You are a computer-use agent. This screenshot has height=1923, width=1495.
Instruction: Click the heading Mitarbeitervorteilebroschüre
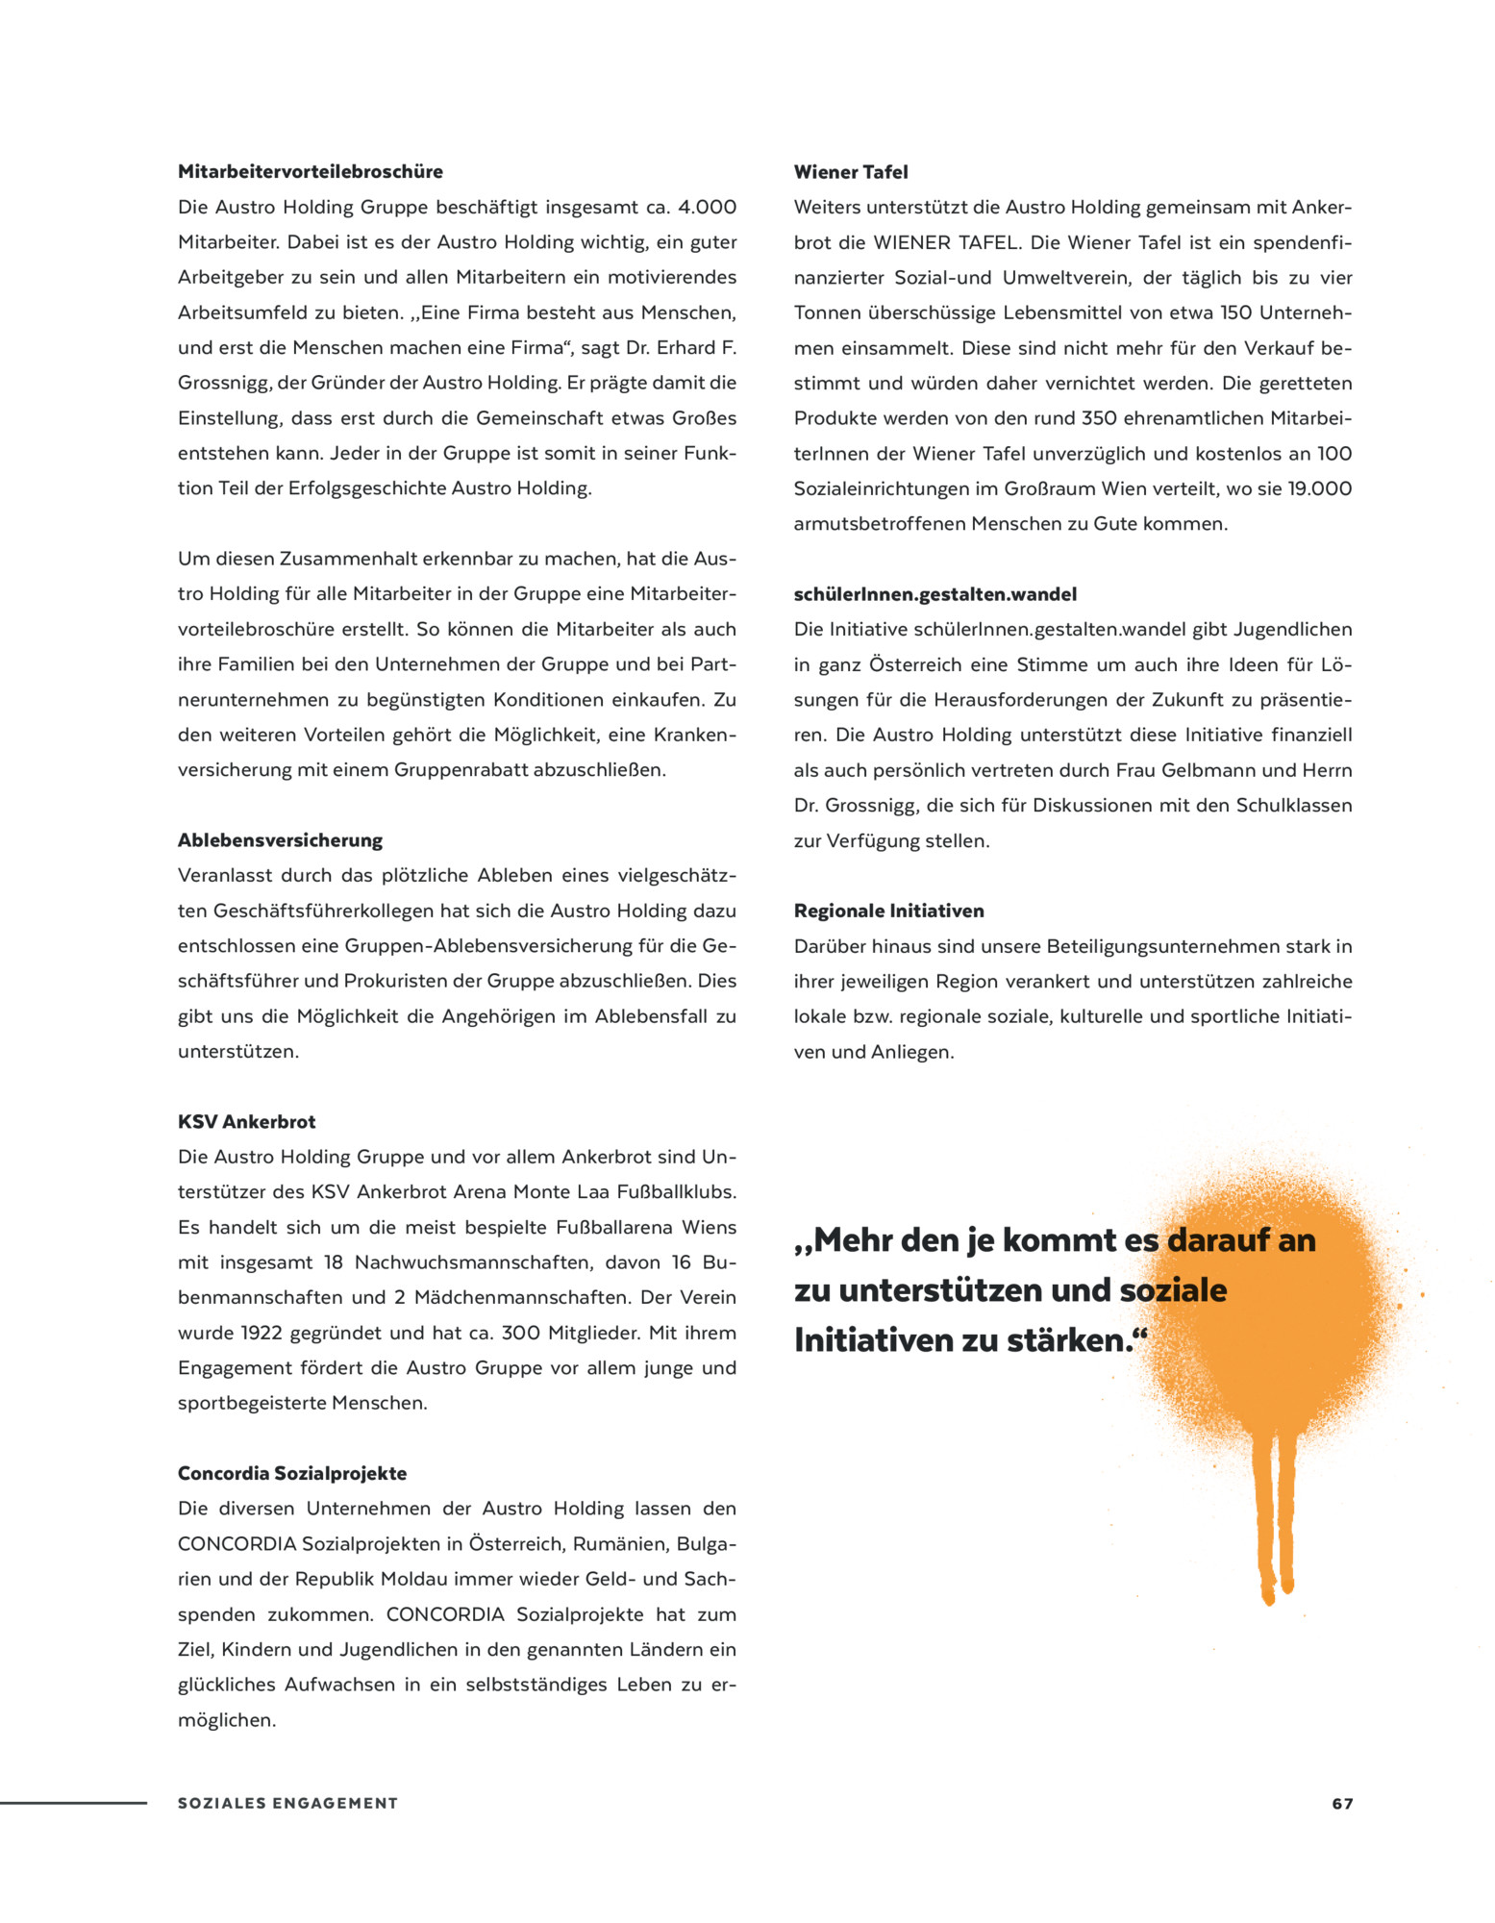click(310, 172)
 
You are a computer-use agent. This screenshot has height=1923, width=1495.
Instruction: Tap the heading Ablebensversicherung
click(280, 840)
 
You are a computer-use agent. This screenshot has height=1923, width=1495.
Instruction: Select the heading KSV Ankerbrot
click(246, 1122)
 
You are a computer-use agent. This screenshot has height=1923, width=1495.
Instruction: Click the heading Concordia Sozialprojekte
click(291, 1473)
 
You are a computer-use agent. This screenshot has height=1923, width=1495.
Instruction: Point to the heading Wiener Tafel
click(850, 172)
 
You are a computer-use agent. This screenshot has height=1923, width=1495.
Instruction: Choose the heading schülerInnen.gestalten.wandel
click(934, 594)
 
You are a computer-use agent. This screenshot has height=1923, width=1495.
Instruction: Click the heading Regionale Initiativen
click(888, 911)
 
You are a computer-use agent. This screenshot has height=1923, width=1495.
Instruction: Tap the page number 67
click(1342, 1804)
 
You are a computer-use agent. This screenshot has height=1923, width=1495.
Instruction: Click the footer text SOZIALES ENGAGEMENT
click(287, 1804)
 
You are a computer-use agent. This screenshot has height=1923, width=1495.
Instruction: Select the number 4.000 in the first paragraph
click(707, 208)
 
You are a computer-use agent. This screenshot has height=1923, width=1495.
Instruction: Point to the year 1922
click(262, 1333)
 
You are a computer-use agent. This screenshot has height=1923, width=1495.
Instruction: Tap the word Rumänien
click(620, 1544)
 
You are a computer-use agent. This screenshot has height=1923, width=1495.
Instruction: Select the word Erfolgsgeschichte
click(370, 488)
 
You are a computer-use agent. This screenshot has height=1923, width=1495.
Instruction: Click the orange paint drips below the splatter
click(1277, 1519)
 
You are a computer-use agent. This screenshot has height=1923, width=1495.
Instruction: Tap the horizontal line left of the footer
click(73, 1803)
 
